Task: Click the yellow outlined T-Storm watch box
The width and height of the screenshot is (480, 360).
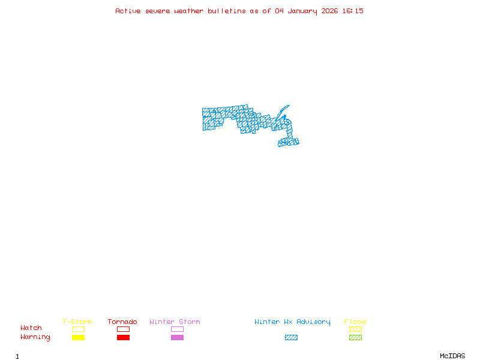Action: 78,329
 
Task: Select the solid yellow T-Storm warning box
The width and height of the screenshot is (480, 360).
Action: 78,338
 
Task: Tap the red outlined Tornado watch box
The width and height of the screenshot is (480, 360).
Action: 123,329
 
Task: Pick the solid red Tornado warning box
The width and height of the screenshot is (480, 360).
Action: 123,338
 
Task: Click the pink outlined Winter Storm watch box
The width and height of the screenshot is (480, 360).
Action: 177,329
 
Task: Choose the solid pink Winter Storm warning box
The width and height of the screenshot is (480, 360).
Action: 177,338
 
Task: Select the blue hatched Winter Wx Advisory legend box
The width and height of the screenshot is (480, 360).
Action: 291,338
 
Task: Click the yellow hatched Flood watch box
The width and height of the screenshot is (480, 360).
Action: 355,329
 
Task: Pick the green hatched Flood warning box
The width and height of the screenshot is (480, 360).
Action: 355,338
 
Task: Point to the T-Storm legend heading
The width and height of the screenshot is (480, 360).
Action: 77,322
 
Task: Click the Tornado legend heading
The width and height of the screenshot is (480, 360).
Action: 122,322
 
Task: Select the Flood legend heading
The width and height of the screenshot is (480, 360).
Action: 355,322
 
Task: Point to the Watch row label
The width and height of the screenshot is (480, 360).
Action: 31,328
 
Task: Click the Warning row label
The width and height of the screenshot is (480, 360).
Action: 35,337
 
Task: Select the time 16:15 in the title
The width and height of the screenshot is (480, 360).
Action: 353,11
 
